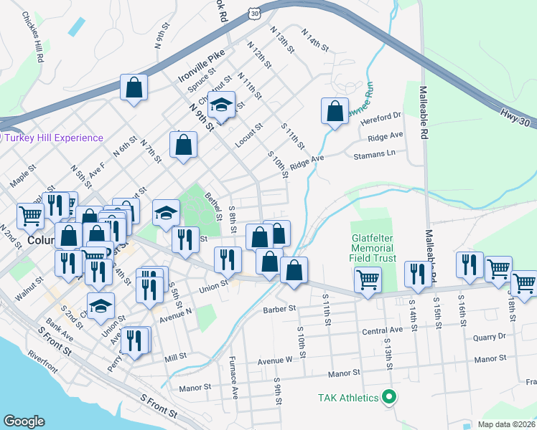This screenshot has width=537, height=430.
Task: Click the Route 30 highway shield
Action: click(256, 13)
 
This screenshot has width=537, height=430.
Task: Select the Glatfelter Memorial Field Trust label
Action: click(373, 247)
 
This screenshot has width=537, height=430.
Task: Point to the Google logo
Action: click(24, 421)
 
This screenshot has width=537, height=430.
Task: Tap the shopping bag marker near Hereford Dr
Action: click(335, 112)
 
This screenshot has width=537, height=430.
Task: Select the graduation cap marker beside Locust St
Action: click(223, 105)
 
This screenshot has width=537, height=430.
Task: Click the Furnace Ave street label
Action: click(233, 376)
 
